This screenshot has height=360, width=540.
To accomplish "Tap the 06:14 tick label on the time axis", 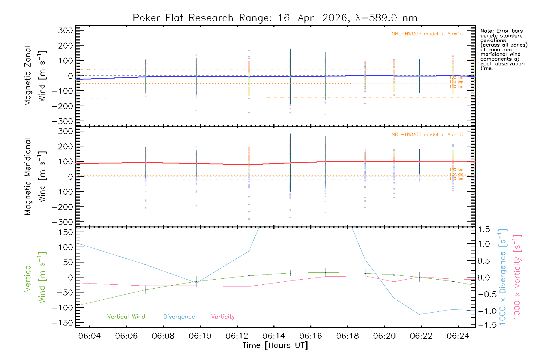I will click(x=274, y=336).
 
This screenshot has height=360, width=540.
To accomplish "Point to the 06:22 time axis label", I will click(x=421, y=336).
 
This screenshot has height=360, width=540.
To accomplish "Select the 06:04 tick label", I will click(x=89, y=336).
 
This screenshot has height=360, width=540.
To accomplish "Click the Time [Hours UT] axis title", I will click(x=275, y=345).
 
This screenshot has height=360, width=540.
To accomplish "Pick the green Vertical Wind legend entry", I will click(x=126, y=317).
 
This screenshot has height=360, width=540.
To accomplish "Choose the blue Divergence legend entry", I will click(x=179, y=317).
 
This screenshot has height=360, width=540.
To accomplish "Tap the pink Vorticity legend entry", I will click(x=223, y=317).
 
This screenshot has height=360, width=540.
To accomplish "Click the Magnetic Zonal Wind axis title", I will click(x=35, y=76).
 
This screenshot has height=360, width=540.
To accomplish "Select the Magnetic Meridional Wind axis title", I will click(x=35, y=177).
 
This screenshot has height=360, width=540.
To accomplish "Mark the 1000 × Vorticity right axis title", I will click(x=517, y=277).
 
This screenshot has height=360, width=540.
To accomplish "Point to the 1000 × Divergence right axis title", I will click(x=502, y=277).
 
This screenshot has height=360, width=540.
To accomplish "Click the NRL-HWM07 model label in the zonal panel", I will click(x=427, y=34).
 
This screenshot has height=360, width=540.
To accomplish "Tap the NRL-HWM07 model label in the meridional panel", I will click(x=427, y=135).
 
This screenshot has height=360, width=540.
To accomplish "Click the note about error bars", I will click(x=503, y=49).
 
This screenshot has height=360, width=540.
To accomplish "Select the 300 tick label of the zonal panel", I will click(x=65, y=30).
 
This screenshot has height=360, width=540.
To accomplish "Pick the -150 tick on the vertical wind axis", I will click(x=63, y=323).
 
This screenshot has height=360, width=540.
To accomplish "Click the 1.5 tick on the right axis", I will click(x=484, y=229).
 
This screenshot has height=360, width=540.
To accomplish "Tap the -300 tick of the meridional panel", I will click(x=63, y=222).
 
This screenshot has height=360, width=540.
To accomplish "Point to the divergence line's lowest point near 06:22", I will click(x=419, y=314).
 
